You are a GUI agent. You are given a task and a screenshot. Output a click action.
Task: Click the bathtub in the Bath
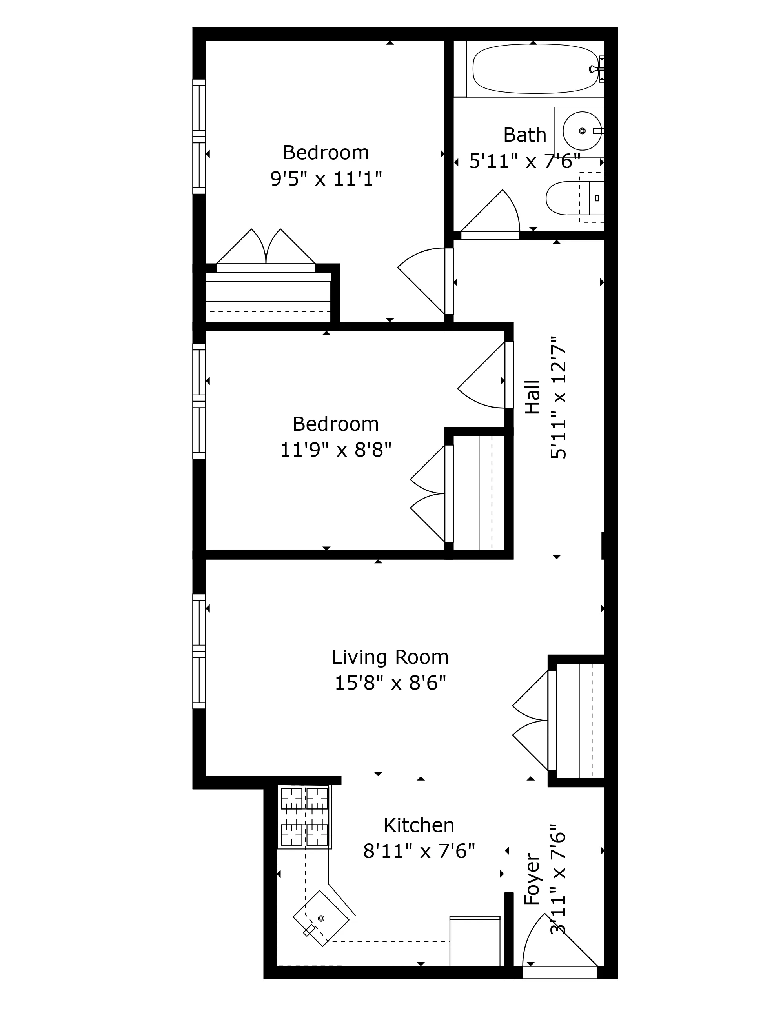coord(534,69)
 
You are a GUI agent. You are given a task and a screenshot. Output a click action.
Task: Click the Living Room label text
coord(390,657)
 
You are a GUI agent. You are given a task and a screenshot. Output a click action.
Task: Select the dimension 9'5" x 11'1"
coord(326,179)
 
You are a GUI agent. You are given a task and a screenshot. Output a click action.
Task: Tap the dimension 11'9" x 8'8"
coord(335,450)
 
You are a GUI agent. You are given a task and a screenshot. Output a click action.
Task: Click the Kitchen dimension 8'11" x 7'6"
coord(419,852)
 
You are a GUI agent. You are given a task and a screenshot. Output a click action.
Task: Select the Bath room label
coord(524,135)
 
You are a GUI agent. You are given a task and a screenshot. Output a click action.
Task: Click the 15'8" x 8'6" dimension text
coord(390,684)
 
